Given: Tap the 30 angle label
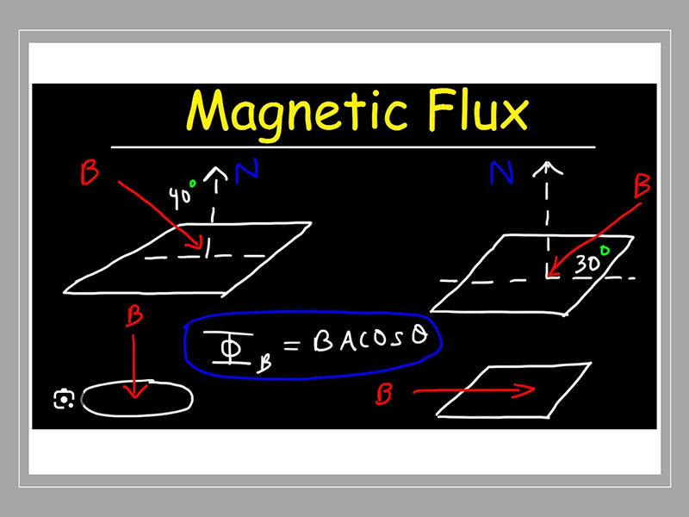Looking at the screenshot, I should click(587, 263).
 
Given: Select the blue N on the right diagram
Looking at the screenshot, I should click(501, 176).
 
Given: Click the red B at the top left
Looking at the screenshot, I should click(89, 173).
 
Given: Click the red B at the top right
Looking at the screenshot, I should click(642, 187).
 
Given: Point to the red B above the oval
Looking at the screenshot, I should click(133, 316).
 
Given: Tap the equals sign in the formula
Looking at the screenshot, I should click(293, 346).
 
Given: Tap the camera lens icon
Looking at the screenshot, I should click(63, 400).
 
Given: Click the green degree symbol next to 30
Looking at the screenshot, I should click(605, 251).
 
